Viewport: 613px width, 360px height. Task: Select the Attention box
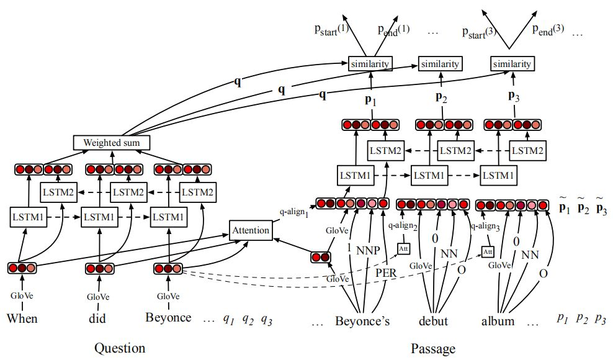[x=251, y=230]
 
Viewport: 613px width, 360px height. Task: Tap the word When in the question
[x=22, y=319]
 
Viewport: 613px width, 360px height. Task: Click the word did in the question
[x=97, y=319]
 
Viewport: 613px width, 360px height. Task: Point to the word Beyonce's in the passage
[x=362, y=322]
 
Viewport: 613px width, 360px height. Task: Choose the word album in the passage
[x=498, y=322]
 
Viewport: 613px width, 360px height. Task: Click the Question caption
[x=120, y=348]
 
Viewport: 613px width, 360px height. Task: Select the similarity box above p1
[x=370, y=64]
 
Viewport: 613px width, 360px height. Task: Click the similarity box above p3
[x=512, y=64]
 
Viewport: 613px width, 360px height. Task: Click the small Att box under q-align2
[x=403, y=249]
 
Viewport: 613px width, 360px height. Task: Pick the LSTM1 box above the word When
[x=27, y=218]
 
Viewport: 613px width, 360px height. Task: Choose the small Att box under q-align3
[x=488, y=252]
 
